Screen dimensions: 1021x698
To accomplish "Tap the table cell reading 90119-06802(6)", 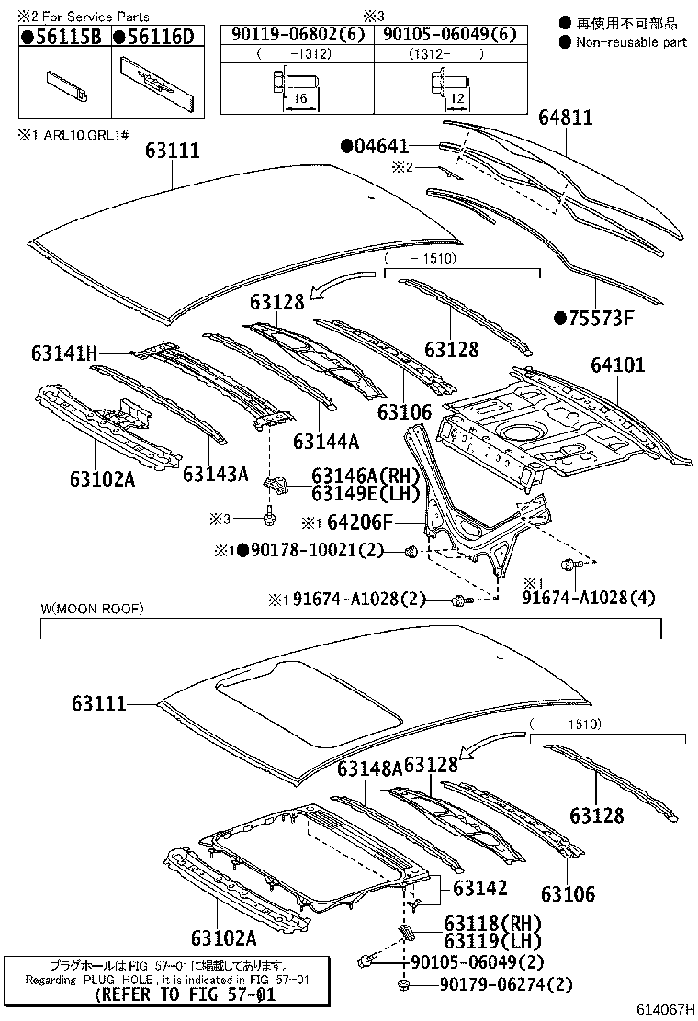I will pyautogui.click(x=296, y=35).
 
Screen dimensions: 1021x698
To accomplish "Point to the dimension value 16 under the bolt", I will pyautogui.click(x=300, y=95).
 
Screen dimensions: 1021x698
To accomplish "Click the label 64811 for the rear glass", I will pyautogui.click(x=566, y=118).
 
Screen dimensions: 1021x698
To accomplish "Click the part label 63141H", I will pyautogui.click(x=64, y=352).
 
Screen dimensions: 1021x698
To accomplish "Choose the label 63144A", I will pyautogui.click(x=326, y=441).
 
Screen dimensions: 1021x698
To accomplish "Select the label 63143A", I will pyautogui.click(x=216, y=474).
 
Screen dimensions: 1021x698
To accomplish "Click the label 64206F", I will pyautogui.click(x=359, y=522).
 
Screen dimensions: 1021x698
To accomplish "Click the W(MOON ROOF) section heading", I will pyautogui.click(x=92, y=609).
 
